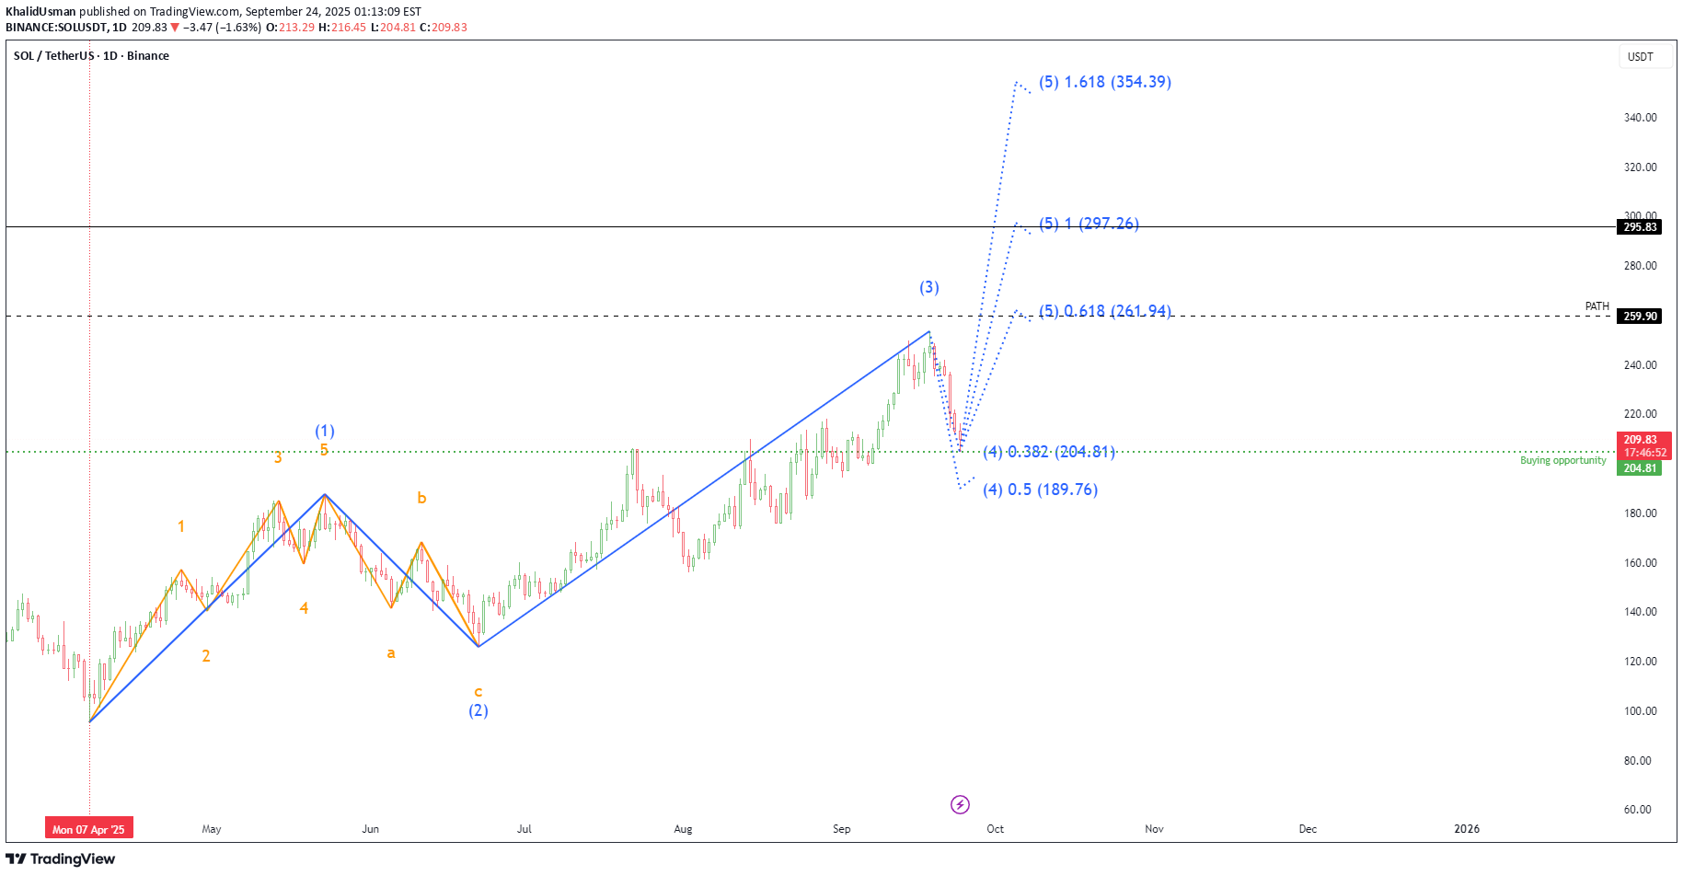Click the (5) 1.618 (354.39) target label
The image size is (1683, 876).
pos(1104,82)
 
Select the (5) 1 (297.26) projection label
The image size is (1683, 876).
pos(1089,224)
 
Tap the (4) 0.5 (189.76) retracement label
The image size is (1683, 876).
pos(1040,490)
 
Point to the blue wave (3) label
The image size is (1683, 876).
pos(929,287)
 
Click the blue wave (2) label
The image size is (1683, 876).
pos(478,710)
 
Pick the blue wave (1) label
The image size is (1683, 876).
pos(325,431)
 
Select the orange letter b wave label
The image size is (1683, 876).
pos(421,498)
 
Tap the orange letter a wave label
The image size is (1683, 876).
pos(391,653)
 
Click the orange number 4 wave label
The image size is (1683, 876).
pos(304,608)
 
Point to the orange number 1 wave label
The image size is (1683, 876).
pos(181,526)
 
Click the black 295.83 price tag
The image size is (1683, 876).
pos(1640,227)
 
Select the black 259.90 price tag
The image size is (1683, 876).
pos(1640,317)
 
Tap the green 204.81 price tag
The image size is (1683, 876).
pos(1640,468)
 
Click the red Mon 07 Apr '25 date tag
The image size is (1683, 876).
pos(89,829)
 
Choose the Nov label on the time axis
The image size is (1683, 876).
pos(1154,829)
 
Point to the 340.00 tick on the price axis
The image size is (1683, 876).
pos(1640,118)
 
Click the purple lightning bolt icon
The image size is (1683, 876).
pos(960,805)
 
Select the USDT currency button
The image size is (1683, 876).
pos(1640,57)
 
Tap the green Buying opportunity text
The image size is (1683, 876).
pos(1562,460)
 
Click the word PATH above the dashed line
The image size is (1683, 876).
pos(1597,306)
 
